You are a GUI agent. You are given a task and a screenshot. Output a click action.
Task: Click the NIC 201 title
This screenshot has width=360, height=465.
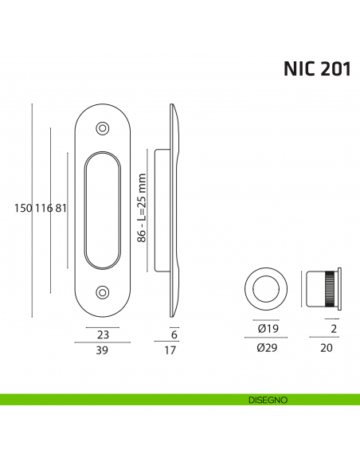(x=316, y=69)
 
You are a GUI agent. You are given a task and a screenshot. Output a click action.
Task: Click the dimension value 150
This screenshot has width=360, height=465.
(x=23, y=209)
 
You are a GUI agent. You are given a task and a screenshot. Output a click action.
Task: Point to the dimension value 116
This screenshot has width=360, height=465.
(x=44, y=209)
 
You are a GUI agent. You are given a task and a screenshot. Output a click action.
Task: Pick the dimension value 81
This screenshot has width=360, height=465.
(x=61, y=209)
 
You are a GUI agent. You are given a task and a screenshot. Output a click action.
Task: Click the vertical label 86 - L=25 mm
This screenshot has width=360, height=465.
(x=142, y=209)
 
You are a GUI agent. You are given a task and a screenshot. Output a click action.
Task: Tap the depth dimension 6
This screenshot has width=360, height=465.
(x=173, y=334)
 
